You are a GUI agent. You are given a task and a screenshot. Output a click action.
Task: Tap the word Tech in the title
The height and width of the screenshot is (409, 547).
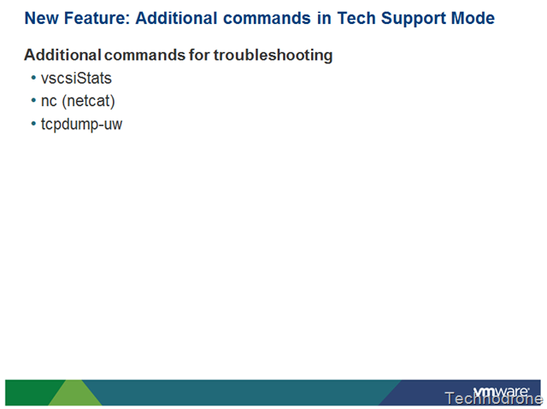point(356,18)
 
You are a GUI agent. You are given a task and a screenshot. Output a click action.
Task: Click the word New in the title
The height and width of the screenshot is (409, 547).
point(41,18)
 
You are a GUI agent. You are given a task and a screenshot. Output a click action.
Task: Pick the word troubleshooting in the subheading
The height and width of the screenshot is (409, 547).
point(273,56)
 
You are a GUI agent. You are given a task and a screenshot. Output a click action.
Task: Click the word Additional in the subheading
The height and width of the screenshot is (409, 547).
point(62,55)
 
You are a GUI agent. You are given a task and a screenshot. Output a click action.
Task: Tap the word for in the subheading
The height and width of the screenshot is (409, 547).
point(199,55)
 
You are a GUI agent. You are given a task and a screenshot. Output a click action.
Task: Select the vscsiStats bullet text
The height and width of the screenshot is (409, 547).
point(76,78)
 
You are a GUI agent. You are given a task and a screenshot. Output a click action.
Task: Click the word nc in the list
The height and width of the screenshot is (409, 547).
point(49,102)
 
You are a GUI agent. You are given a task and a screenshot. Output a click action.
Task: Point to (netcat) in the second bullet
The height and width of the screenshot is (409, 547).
point(88,101)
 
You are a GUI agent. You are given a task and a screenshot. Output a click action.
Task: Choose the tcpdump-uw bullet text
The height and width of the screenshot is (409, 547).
point(82,125)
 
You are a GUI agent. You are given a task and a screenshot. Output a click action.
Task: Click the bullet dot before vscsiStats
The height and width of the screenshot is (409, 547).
point(33,78)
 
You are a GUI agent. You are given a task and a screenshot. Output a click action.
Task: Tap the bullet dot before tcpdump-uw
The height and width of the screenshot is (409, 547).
point(33,123)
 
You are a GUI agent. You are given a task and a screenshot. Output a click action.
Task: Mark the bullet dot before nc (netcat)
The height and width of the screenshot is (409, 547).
point(33,101)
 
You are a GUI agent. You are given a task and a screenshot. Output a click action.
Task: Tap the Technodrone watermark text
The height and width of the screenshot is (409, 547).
point(493,399)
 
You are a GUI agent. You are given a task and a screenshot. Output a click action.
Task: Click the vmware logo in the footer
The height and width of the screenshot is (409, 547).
point(501,391)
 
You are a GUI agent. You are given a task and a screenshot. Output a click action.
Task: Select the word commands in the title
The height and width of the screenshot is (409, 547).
point(267,18)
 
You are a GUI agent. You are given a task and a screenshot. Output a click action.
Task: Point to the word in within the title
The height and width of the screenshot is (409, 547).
point(324,18)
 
